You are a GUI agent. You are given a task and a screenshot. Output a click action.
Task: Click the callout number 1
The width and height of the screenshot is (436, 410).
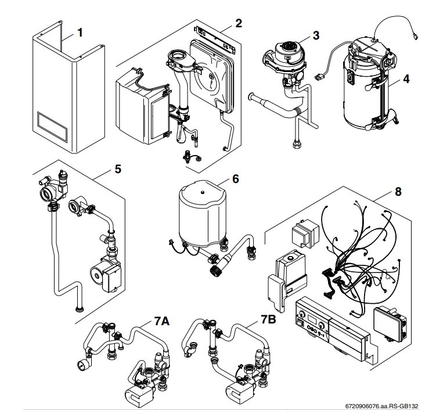(81, 33)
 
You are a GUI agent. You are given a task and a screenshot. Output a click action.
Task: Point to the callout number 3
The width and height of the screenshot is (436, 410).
(316, 34)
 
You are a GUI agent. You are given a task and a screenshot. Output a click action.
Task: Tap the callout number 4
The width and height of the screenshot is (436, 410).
(406, 80)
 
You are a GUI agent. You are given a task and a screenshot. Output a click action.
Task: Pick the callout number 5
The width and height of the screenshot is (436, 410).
(118, 171)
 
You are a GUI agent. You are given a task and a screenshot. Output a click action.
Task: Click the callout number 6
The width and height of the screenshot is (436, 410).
(235, 179)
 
